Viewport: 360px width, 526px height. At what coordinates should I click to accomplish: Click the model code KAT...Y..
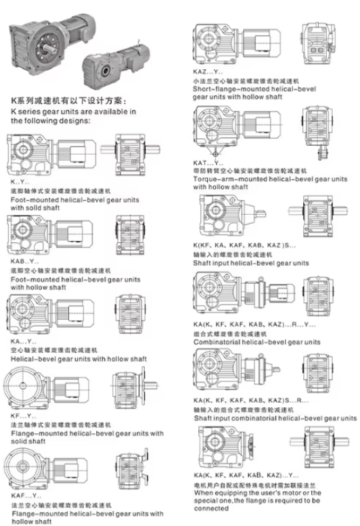click(208, 162)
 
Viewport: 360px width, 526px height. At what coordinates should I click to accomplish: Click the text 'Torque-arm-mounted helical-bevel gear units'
click(270, 179)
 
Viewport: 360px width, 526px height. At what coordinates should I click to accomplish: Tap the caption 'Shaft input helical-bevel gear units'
click(250, 263)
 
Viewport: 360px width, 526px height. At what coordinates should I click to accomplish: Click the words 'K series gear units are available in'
click(73, 112)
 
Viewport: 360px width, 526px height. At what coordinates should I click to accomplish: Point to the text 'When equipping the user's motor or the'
click(256, 493)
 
